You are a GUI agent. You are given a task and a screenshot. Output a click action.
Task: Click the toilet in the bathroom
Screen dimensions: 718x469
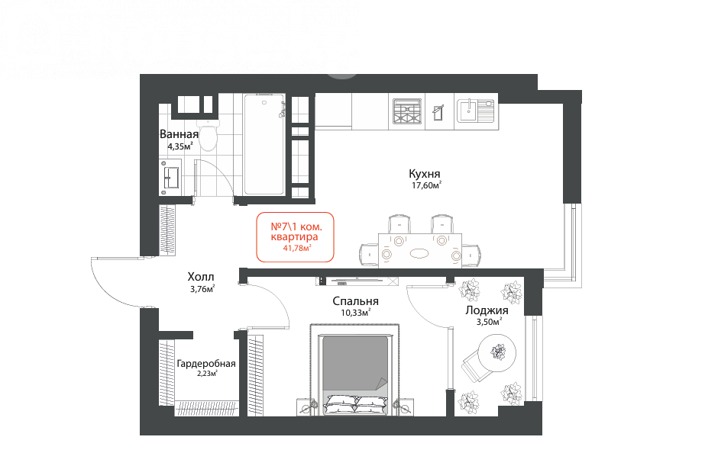click(209, 135)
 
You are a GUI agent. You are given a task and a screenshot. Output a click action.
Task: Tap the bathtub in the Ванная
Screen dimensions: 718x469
click(264, 144)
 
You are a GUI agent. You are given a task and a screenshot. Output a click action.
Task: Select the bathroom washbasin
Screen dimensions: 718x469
click(170, 178)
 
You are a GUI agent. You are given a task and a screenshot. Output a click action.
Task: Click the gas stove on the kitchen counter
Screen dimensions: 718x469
click(406, 111)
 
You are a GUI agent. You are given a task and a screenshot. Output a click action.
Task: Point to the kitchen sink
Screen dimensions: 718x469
click(475, 111)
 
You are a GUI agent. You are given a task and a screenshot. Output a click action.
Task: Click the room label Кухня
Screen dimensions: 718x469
click(425, 174)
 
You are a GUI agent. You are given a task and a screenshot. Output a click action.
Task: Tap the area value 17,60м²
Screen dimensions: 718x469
click(426, 185)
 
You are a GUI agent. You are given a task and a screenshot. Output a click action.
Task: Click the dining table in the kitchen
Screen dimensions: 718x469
click(420, 250)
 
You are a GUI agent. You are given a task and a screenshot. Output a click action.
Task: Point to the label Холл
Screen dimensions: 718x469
click(201, 277)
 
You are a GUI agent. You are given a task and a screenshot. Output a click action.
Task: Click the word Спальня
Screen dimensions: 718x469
click(355, 301)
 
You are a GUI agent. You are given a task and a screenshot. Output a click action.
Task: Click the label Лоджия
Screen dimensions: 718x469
click(487, 310)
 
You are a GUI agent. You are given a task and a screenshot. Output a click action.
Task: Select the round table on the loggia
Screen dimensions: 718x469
click(496, 352)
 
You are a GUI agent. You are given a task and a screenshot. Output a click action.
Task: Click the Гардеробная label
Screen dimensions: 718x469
click(206, 364)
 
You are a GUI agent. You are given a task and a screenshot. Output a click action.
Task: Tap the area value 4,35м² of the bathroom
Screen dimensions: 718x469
click(180, 146)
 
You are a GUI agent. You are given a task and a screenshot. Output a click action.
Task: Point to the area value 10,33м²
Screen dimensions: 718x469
click(355, 313)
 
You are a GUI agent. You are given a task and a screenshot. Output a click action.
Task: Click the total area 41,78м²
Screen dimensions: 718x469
click(297, 248)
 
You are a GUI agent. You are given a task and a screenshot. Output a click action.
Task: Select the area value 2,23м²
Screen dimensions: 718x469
click(207, 374)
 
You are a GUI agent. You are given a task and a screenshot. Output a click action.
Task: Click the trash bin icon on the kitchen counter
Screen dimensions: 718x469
click(438, 112)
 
